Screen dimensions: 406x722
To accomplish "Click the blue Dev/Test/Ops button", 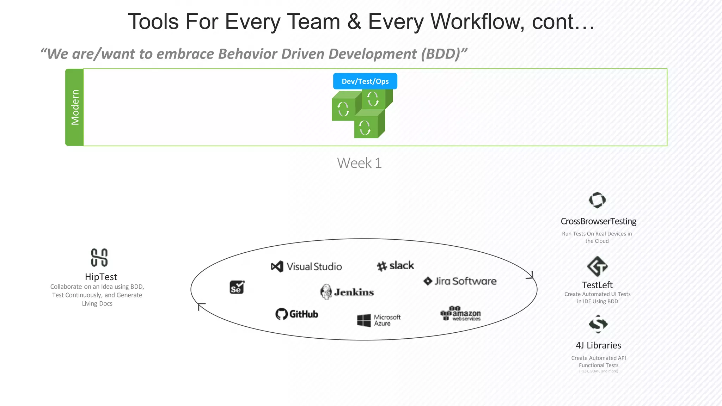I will point(365,81).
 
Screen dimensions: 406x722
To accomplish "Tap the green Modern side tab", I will point(74,107).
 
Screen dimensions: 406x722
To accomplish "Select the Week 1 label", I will point(359,163).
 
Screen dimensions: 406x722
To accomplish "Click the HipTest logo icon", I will point(99,257).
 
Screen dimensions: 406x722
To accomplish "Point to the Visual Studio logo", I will point(306,266).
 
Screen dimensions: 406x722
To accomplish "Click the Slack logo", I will point(395,266).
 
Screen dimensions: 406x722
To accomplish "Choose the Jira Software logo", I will point(460,281).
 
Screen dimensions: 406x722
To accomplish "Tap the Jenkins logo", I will point(347,292).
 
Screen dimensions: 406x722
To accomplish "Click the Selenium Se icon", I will point(237,287).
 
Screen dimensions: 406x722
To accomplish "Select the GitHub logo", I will point(296,314).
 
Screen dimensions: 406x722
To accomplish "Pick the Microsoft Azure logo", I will point(379,320).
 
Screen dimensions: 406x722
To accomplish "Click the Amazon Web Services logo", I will point(460,313).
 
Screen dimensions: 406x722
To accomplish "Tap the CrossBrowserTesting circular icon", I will point(597,200).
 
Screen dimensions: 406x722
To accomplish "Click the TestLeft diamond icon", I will point(597,266).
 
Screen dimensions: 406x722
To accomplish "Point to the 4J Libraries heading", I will point(598,345).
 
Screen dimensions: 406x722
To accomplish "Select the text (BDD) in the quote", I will point(444,54).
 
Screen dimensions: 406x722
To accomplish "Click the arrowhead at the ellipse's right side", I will point(531,276).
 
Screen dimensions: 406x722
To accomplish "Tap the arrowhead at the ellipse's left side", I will point(201,306).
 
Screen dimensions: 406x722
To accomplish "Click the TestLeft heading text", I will point(597,285).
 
